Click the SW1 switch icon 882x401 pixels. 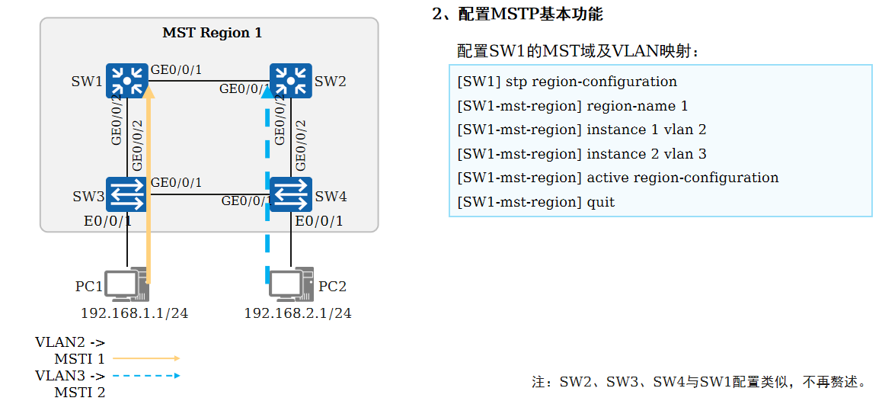click(x=126, y=80)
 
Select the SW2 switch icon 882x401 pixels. click(x=290, y=80)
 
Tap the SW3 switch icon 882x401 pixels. click(x=126, y=194)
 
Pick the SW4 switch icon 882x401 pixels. click(x=290, y=194)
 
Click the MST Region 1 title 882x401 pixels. click(x=212, y=33)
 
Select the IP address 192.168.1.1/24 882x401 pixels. click(x=134, y=313)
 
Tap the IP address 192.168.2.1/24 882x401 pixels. click(x=298, y=313)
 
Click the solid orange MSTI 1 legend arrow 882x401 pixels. click(x=145, y=358)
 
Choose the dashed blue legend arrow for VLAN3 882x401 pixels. click(x=145, y=375)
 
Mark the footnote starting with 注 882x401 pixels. click(x=698, y=381)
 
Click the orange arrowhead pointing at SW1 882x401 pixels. click(x=149, y=92)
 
